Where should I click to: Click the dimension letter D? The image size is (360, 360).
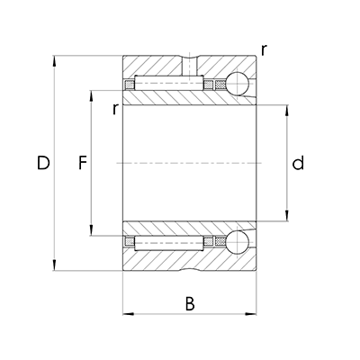pos(41,163)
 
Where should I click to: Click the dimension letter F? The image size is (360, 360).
pos(83,163)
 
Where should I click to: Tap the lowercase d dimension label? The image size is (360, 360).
pos(298,163)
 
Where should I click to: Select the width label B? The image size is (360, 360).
pos(190,303)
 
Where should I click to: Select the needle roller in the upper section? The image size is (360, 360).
pos(171,85)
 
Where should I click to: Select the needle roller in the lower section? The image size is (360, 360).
pos(171,242)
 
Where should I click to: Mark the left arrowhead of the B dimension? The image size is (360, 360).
pos(127,314)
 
